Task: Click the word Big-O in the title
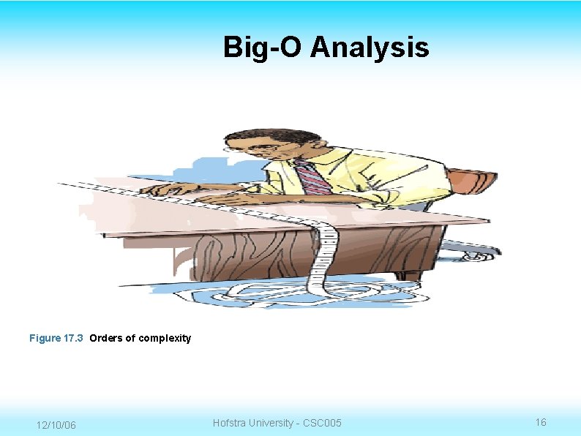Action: click(263, 48)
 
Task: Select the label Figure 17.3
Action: click(57, 338)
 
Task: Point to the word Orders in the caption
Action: click(104, 338)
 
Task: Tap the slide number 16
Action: click(541, 422)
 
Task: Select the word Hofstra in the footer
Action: click(230, 423)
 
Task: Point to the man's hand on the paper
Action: click(165, 189)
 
